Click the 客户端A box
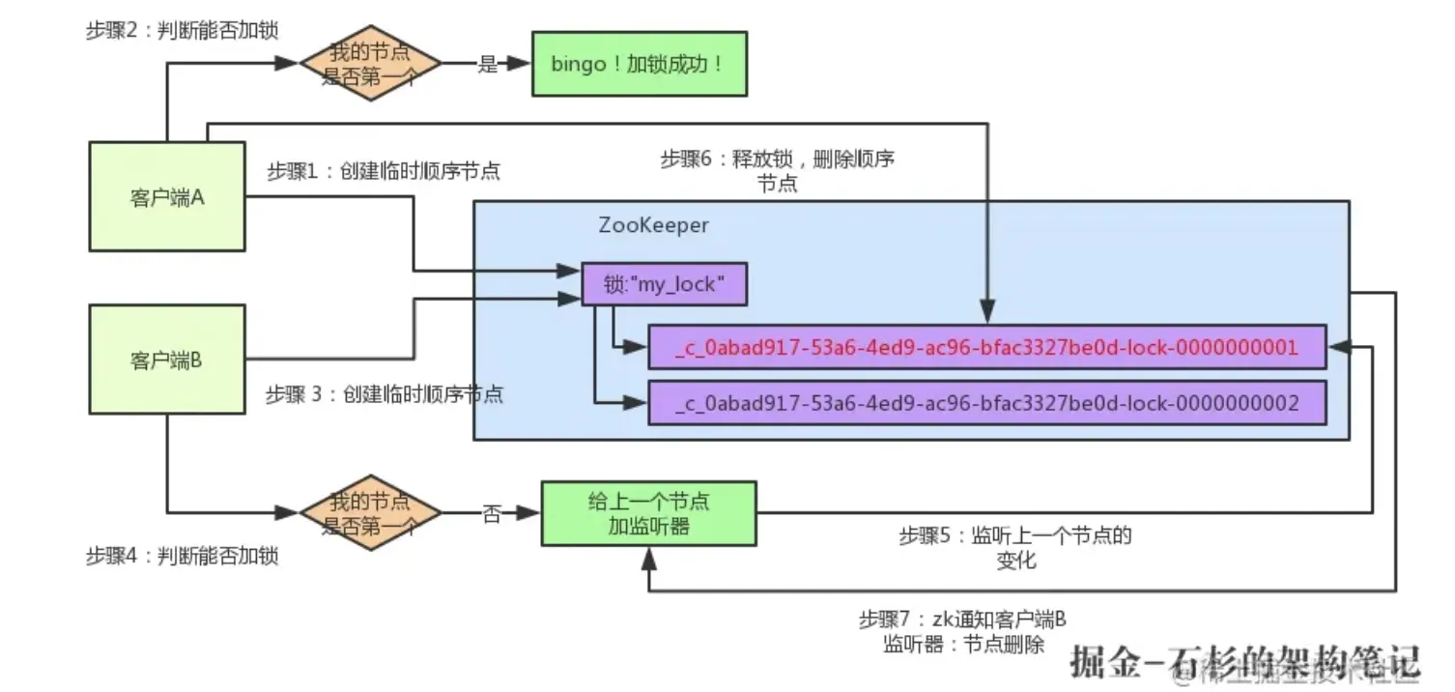click(167, 197)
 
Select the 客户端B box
click(167, 360)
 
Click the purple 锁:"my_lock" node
click(665, 285)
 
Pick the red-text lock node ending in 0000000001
click(986, 348)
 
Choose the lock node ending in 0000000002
click(986, 402)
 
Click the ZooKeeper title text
click(654, 225)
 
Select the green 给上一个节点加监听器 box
click(648, 513)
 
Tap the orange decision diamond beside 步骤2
click(370, 64)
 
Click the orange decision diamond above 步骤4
click(370, 513)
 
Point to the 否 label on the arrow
click(492, 514)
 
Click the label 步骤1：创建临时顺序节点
click(384, 171)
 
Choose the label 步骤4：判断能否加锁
click(183, 557)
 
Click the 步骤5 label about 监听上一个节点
click(1014, 547)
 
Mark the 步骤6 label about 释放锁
click(778, 170)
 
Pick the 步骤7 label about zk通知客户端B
click(963, 632)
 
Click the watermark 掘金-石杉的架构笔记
click(1245, 661)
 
